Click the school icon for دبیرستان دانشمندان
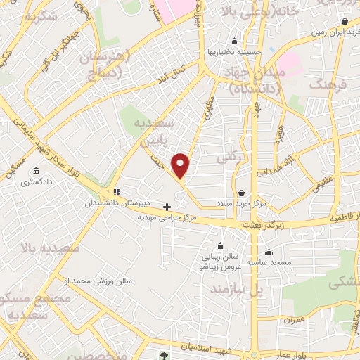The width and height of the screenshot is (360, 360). [117, 191]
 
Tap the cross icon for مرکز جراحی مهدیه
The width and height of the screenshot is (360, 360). [167, 207]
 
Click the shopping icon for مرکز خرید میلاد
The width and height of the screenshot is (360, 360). [241, 192]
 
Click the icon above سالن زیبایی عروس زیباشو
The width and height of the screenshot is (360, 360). [221, 246]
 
